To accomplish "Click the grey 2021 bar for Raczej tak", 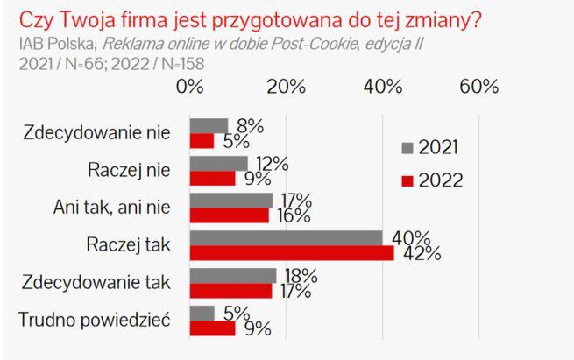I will click(286, 238).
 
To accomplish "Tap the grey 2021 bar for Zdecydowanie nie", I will click(209, 125).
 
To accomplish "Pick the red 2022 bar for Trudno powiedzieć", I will click(212, 328).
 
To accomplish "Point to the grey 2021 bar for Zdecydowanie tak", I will click(233, 276).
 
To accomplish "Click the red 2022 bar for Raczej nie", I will click(212, 178).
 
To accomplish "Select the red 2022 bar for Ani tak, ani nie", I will click(229, 215).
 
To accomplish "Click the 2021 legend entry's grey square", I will click(407, 148).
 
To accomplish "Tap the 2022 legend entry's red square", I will click(407, 180).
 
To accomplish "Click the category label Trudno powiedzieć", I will click(96, 321).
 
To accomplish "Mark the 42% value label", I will click(421, 254).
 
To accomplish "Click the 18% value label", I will click(297, 275).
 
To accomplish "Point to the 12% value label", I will click(268, 163).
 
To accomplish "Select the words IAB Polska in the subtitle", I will click(53, 43).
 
